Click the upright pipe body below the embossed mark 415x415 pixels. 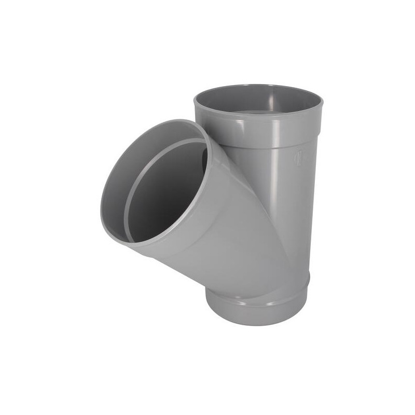coord(296,218)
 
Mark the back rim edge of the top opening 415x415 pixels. coord(259,87)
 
